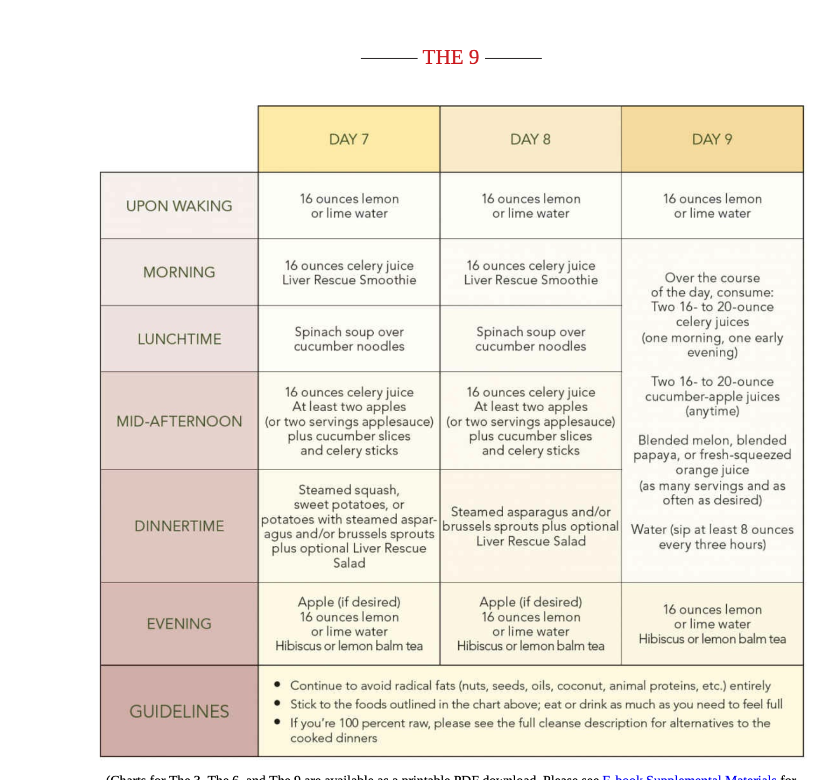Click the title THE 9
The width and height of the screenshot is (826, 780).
(x=451, y=57)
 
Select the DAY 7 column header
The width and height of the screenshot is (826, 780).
(x=349, y=140)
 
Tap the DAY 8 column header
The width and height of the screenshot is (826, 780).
(x=530, y=140)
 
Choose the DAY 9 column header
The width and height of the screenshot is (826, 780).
(x=712, y=140)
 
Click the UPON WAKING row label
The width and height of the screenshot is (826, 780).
(x=179, y=206)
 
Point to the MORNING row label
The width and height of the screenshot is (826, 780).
(x=179, y=272)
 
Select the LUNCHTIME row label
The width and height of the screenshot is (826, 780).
(x=179, y=339)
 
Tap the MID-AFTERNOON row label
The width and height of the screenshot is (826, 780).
(x=179, y=421)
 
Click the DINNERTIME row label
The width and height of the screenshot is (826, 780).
(x=179, y=526)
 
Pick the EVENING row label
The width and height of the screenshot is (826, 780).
(x=179, y=624)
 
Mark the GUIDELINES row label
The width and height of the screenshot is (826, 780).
(x=179, y=711)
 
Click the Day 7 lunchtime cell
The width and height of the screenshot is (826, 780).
(x=349, y=339)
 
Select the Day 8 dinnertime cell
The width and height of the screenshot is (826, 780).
(x=530, y=526)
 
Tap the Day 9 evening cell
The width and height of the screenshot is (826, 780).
(x=712, y=624)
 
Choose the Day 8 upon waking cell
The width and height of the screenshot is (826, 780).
(x=530, y=206)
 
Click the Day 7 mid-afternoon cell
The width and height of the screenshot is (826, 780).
(x=349, y=421)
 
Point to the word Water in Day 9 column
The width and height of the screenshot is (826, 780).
(x=648, y=530)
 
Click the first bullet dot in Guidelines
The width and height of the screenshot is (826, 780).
(x=277, y=685)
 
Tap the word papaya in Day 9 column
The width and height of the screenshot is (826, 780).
(x=652, y=456)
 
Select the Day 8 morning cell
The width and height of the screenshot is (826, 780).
(x=530, y=272)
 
